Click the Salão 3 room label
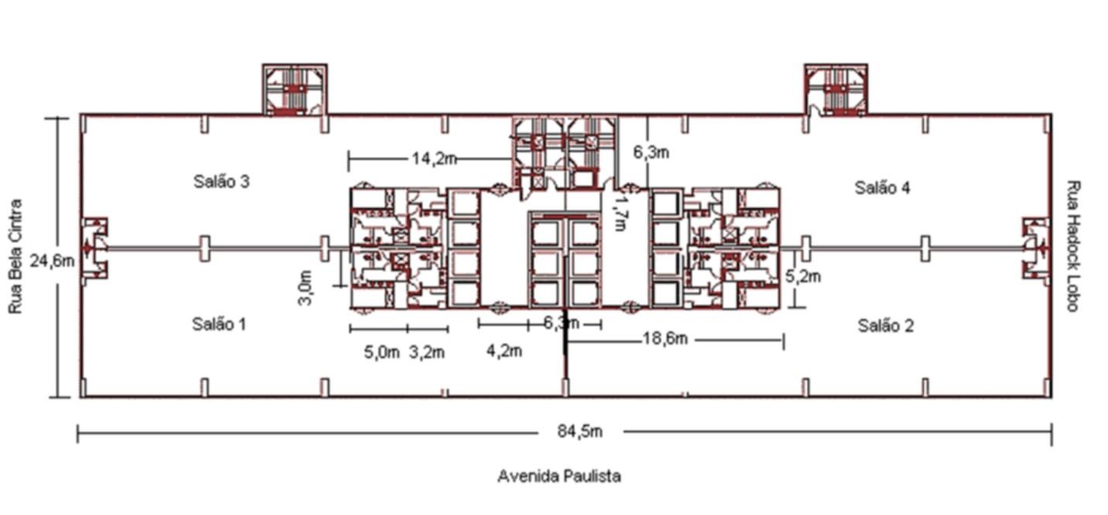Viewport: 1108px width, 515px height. pyautogui.click(x=221, y=182)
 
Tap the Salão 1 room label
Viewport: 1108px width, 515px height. pyautogui.click(x=219, y=324)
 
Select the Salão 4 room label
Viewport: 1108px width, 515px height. pyautogui.click(x=882, y=188)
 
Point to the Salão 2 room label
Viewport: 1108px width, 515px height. pyautogui.click(x=886, y=326)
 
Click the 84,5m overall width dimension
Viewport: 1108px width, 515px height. pyautogui.click(x=580, y=431)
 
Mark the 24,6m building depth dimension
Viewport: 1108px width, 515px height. pyautogui.click(x=53, y=261)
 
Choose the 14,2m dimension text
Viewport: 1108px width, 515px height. pyautogui.click(x=434, y=159)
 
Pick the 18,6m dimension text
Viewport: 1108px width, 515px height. pyautogui.click(x=665, y=339)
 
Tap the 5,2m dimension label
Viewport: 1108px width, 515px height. pyautogui.click(x=803, y=276)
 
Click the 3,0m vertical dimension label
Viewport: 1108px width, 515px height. pyautogui.click(x=306, y=288)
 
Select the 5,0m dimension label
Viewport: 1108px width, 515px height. pyautogui.click(x=382, y=353)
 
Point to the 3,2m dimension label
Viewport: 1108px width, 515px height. pyautogui.click(x=427, y=353)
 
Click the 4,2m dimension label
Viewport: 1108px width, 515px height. pyautogui.click(x=504, y=351)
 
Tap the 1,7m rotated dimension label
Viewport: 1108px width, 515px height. pyautogui.click(x=621, y=213)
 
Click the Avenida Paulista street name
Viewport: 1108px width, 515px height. pyautogui.click(x=559, y=476)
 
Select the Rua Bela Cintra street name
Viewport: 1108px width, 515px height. pyautogui.click(x=15, y=256)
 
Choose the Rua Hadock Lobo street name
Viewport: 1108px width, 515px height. pyautogui.click(x=1072, y=246)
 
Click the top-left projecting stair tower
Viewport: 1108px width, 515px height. pyautogui.click(x=294, y=90)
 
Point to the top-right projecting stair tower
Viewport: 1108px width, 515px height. pyautogui.click(x=836, y=90)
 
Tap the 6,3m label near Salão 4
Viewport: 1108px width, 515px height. pyautogui.click(x=651, y=152)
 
